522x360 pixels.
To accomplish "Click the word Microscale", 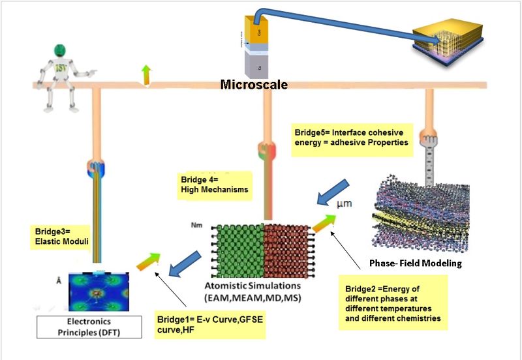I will coord(253,85).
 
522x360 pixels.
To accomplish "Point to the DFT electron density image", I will coord(100,289).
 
